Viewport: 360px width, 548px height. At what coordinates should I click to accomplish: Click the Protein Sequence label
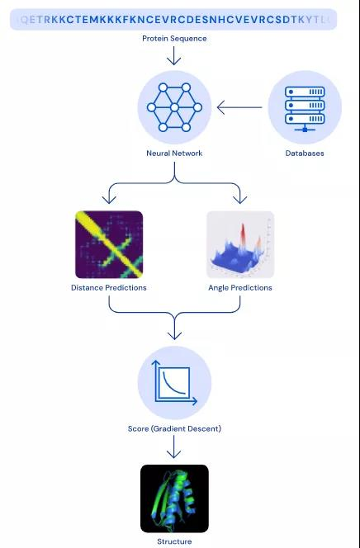point(174,39)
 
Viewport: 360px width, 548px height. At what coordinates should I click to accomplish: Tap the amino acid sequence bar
point(174,19)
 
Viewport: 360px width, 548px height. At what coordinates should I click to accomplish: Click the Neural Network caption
point(174,153)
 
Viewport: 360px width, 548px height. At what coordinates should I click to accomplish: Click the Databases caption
point(305,153)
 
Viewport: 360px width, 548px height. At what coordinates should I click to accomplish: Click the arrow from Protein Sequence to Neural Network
point(174,56)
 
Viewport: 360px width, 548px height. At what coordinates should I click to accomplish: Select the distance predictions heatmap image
point(109,244)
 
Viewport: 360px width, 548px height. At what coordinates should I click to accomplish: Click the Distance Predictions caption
point(109,288)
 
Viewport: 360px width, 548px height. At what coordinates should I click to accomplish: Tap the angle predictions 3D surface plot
point(239,244)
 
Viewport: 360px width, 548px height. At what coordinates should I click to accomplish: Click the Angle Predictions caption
point(239,288)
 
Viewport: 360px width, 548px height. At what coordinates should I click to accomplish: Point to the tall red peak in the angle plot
point(244,235)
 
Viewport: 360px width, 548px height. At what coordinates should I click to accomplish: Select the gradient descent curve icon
point(174,383)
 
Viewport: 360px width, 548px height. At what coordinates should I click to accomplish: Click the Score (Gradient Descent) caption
point(174,428)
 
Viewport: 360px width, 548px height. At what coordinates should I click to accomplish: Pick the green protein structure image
point(174,498)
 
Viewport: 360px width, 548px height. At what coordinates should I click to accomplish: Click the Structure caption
point(174,541)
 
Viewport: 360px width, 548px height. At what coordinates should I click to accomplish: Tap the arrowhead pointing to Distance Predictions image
point(109,199)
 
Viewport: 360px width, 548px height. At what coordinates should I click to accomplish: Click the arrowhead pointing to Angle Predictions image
point(239,199)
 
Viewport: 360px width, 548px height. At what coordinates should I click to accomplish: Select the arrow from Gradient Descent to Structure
point(174,447)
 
